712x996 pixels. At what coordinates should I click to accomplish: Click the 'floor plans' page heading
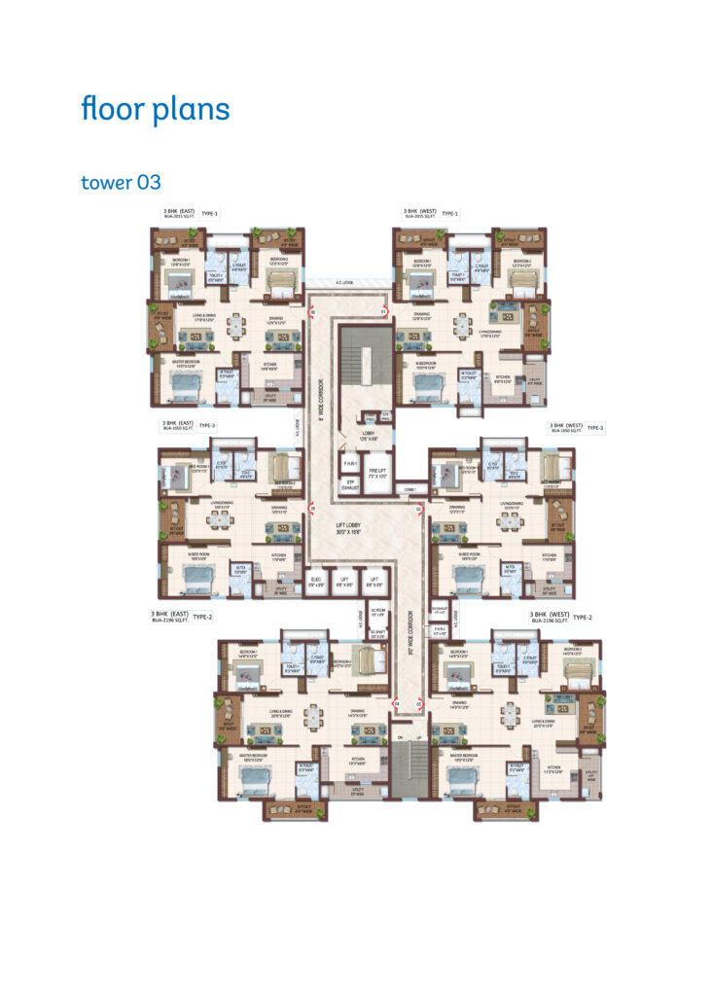[156, 109]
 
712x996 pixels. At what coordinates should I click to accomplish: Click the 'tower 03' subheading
[121, 182]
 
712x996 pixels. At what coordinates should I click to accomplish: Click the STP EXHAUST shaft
[348, 483]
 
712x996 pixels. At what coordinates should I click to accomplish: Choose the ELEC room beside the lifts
[316, 584]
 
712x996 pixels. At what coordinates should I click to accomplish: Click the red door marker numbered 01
[383, 312]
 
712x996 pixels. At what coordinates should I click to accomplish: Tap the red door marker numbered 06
[313, 312]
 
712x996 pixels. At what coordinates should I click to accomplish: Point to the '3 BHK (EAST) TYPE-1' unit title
[191, 214]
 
